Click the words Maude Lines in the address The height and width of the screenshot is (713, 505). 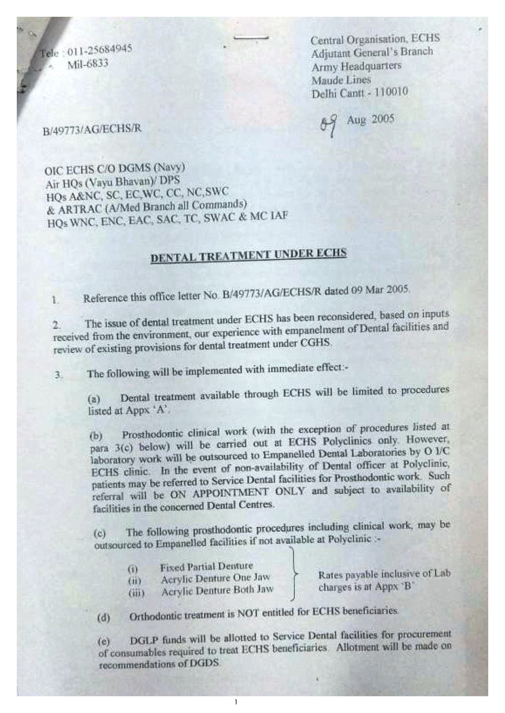pyautogui.click(x=341, y=80)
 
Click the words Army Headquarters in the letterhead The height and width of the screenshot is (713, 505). pyautogui.click(x=356, y=66)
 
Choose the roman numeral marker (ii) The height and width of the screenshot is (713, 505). pyautogui.click(x=135, y=580)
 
